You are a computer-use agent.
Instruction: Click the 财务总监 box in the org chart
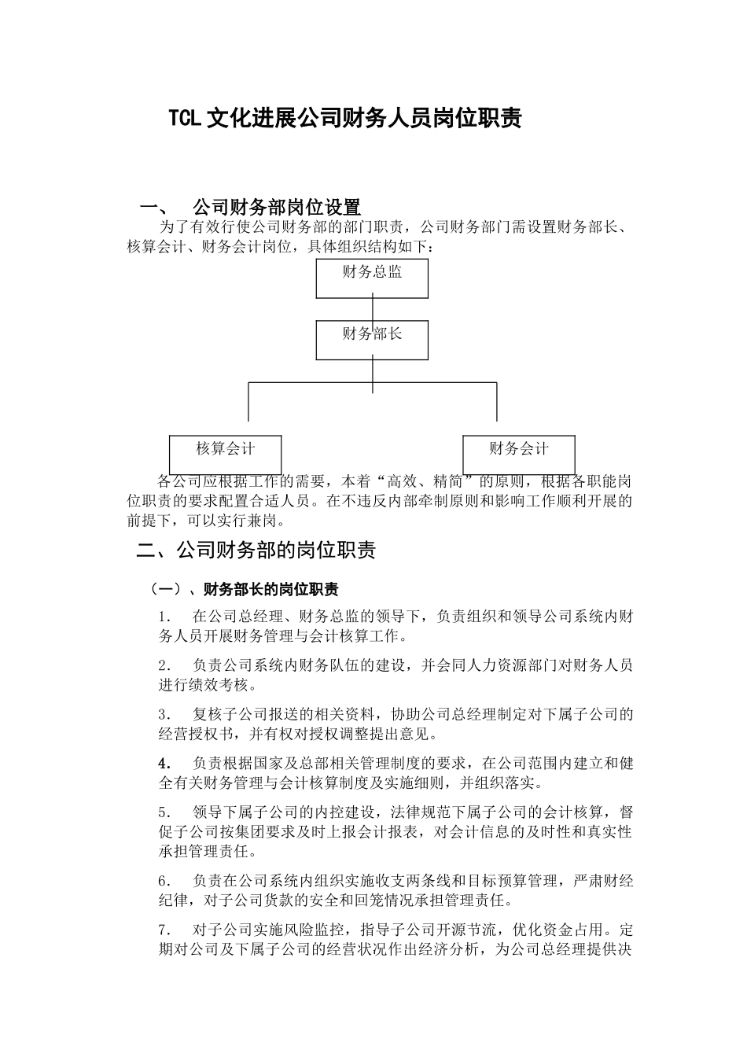click(x=372, y=278)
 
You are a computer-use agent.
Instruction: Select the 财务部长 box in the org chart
click(x=372, y=340)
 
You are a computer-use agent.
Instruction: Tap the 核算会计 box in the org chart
click(x=226, y=454)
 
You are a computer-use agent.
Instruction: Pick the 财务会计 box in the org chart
click(x=518, y=454)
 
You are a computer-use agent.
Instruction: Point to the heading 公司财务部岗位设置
click(x=277, y=208)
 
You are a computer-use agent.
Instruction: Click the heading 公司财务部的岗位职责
click(x=276, y=551)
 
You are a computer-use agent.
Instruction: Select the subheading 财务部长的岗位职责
click(x=270, y=590)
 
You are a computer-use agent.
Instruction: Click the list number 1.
click(x=165, y=617)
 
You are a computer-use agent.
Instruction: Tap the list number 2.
click(x=165, y=665)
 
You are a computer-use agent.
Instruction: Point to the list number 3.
click(x=165, y=715)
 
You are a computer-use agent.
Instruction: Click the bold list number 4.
click(x=165, y=764)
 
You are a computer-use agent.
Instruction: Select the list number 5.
click(x=165, y=812)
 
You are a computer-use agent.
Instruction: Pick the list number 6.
click(x=165, y=881)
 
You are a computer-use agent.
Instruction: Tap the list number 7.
click(x=165, y=930)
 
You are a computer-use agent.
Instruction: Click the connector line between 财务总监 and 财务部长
click(x=373, y=309)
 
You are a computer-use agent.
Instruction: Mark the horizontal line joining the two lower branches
click(x=315, y=383)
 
